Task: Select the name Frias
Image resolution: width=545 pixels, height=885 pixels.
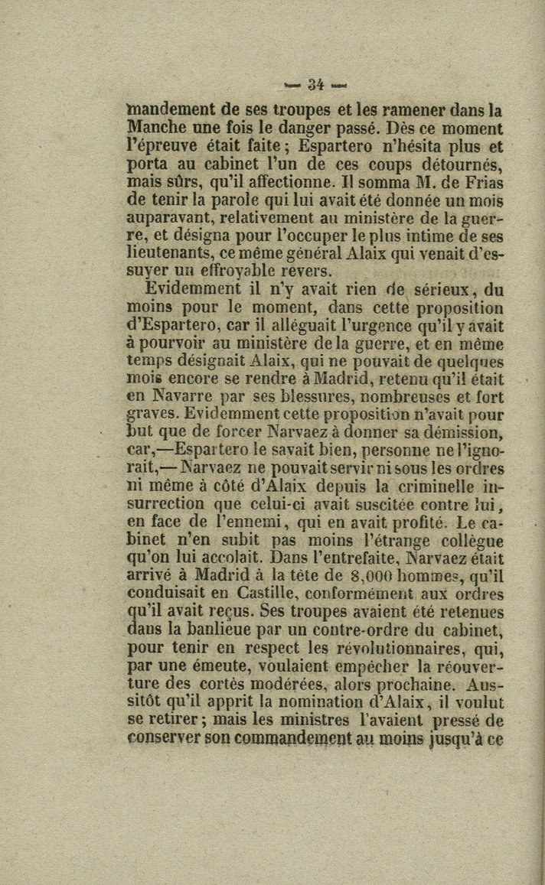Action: click(x=482, y=183)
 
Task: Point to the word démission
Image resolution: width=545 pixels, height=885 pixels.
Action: click(x=464, y=433)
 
